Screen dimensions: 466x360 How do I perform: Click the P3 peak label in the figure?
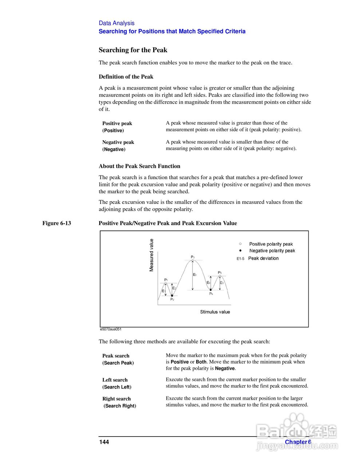pyautogui.click(x=193, y=257)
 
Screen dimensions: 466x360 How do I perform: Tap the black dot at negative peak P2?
pyautogui.click(x=172, y=296)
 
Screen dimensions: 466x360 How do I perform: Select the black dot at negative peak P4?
pyautogui.click(x=210, y=290)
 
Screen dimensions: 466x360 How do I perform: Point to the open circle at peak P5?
pyautogui.click(x=220, y=276)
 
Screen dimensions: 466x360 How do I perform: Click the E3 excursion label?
pyautogui.click(x=195, y=275)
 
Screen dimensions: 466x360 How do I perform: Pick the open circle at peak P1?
pyautogui.click(x=166, y=283)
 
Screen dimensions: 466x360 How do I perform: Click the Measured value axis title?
pyautogui.click(x=151, y=255)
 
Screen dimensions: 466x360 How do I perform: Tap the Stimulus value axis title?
pyautogui.click(x=215, y=312)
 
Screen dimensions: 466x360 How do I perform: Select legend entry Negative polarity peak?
pyautogui.click(x=272, y=251)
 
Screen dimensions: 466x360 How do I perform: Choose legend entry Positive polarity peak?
pyautogui.click(x=271, y=244)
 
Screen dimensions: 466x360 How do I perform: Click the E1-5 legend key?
pyautogui.click(x=240, y=258)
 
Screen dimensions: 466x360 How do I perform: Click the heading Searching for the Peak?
pyautogui.click(x=133, y=50)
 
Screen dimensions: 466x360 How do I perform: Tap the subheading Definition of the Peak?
pyautogui.click(x=126, y=77)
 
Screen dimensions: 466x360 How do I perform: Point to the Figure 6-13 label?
pyautogui.click(x=56, y=223)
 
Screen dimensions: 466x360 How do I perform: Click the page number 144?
pyautogui.click(x=104, y=442)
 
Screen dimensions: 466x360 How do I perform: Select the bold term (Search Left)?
pyautogui.click(x=117, y=387)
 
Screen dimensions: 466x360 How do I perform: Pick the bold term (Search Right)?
pyautogui.click(x=120, y=406)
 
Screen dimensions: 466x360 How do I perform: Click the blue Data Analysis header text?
pyautogui.click(x=116, y=23)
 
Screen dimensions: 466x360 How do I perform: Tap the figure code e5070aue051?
pyautogui.click(x=111, y=329)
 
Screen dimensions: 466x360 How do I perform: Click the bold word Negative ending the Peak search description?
pyautogui.click(x=225, y=368)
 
